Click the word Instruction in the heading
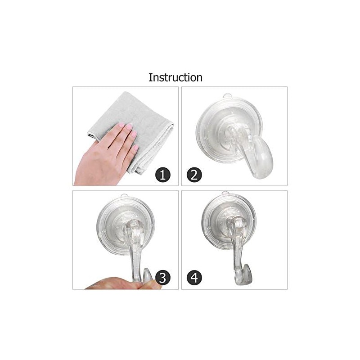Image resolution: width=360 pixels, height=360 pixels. click(175, 77)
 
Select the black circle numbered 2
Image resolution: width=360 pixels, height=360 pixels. click(194, 174)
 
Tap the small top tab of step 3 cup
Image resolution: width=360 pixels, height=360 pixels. click(125, 196)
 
